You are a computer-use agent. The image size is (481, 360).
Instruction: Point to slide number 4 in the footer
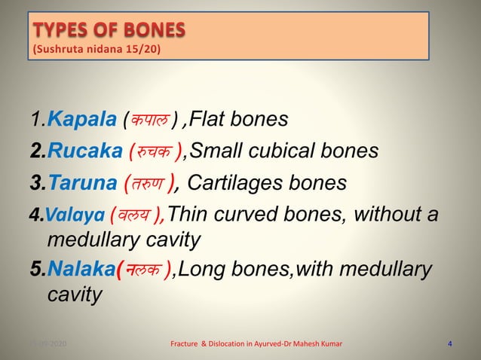pyautogui.click(x=450, y=344)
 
